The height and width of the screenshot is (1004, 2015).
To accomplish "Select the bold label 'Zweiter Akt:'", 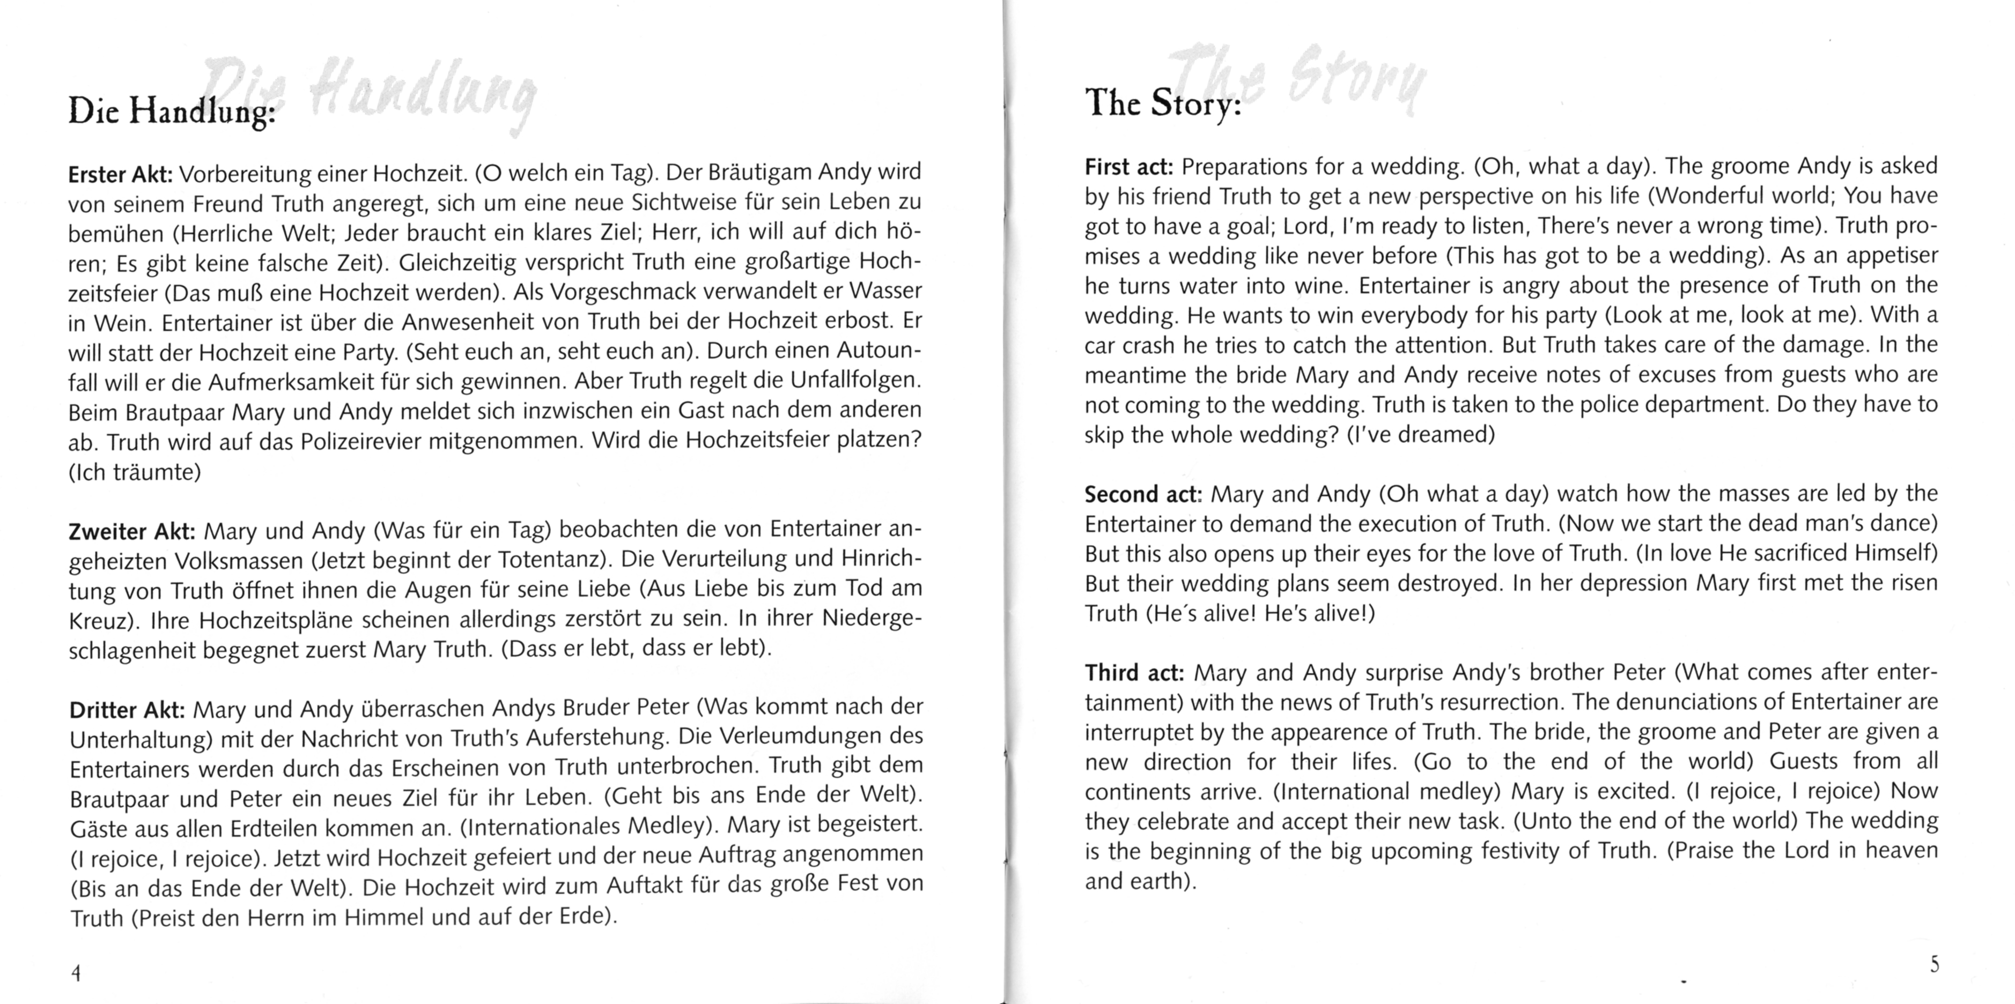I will (x=131, y=532).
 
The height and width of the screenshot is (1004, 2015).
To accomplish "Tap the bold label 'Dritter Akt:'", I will (x=127, y=710).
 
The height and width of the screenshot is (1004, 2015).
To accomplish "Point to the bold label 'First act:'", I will (x=1128, y=167).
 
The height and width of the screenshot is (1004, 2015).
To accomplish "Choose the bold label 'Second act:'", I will (x=1142, y=495).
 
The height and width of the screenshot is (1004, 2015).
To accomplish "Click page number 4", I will (x=76, y=973).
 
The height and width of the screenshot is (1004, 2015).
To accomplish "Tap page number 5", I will (x=1935, y=964).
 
